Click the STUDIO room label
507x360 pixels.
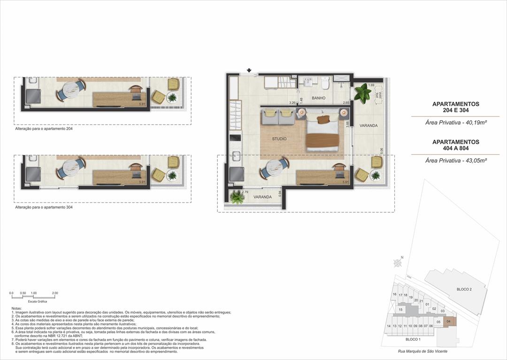tap(279, 139)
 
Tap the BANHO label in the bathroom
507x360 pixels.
tap(319, 99)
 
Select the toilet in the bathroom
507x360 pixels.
tap(325, 83)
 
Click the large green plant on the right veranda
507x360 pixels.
tap(362, 93)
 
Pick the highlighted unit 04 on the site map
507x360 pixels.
tap(449, 321)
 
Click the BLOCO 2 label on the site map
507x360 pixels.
tap(464, 290)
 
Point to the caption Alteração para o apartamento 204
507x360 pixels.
tap(44, 128)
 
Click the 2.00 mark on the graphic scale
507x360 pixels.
tap(54, 293)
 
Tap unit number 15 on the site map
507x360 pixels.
tap(400, 309)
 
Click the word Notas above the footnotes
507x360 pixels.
tap(17, 308)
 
